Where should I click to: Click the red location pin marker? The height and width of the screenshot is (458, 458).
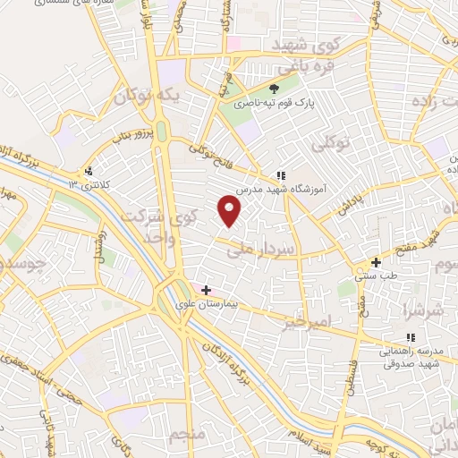[x=230, y=211]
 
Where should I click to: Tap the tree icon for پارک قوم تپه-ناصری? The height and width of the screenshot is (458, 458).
[x=274, y=89]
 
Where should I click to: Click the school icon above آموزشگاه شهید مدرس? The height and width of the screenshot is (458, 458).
[x=280, y=175]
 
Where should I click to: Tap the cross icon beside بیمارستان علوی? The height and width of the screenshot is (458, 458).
[x=207, y=290]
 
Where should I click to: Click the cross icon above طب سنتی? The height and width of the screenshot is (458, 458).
[x=376, y=263]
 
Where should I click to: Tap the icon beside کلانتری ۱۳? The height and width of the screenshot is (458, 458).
[x=88, y=171]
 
